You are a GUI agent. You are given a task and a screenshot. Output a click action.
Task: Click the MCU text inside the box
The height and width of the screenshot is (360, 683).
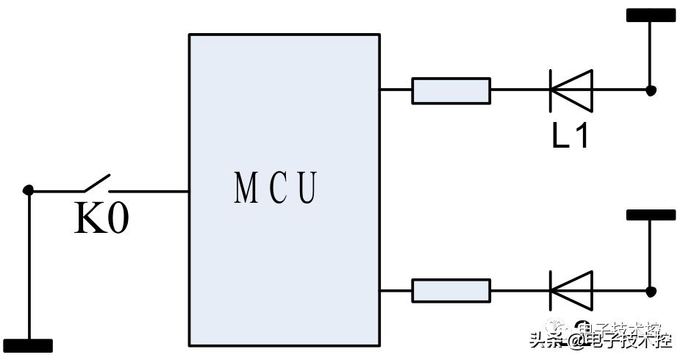point(276,188)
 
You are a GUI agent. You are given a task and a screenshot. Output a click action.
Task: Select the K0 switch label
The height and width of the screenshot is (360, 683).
point(101,219)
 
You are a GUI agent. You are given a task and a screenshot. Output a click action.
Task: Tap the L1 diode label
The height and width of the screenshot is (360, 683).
point(571,136)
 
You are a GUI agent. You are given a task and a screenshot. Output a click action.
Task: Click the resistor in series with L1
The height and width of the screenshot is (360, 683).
point(451,90)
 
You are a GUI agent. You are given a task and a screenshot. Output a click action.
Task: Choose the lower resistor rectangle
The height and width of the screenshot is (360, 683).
point(451,291)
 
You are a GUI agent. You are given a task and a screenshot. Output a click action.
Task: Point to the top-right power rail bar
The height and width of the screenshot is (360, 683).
point(651,15)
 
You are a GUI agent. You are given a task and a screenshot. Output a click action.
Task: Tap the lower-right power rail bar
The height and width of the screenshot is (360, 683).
point(651,215)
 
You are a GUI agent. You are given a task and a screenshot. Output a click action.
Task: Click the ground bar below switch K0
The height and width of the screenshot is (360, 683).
point(28,346)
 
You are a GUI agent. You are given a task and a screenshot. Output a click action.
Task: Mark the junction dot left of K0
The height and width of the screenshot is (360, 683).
point(29,190)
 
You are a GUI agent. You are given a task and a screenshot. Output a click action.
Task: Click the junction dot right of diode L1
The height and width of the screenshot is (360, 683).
point(651,90)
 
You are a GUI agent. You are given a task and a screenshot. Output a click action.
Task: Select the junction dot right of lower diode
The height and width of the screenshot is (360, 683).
point(651,291)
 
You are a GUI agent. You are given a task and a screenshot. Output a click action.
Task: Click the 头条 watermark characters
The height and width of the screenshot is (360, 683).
point(541,340)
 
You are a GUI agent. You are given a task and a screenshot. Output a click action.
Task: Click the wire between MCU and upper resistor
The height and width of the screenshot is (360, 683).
point(396,90)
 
